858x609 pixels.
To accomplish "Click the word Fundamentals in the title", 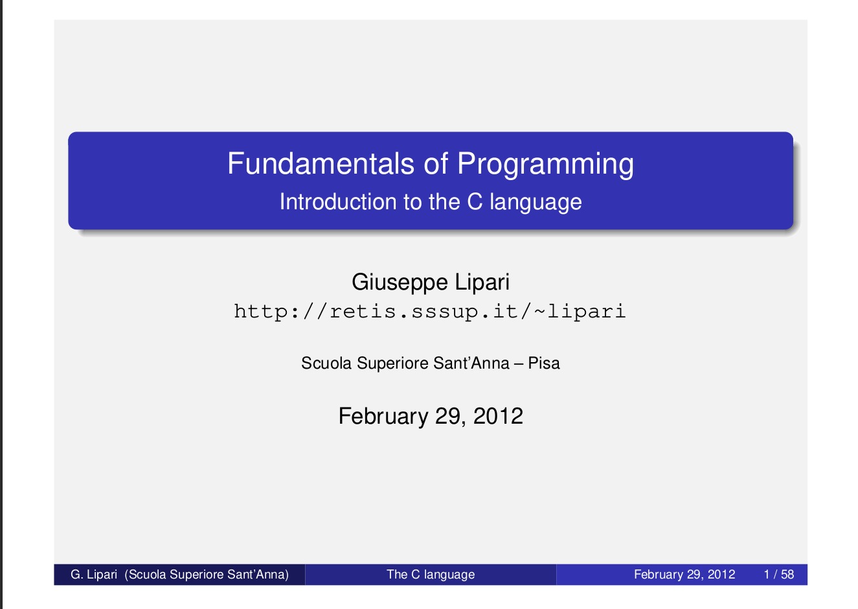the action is tap(321, 163).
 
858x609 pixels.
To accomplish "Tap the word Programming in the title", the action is tap(545, 165).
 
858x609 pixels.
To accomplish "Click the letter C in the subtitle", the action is tap(475, 201).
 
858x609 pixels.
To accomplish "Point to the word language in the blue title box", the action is tap(536, 202).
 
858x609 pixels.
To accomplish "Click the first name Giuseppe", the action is tap(400, 283).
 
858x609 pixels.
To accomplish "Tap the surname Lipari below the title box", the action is tap(482, 283).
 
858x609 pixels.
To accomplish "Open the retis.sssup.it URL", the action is tap(430, 311).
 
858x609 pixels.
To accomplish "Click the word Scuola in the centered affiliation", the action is tap(326, 363).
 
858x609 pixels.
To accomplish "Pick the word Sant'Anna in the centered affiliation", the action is tap(471, 363).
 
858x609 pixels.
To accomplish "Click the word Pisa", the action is tap(544, 363).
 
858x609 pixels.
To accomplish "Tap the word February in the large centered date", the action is tap(383, 417).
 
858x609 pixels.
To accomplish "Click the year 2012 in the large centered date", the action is tap(498, 416).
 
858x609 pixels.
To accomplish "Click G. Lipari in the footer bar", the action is tap(94, 575).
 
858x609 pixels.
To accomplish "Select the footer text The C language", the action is tap(431, 575).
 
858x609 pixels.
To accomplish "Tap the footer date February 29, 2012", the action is tap(684, 575).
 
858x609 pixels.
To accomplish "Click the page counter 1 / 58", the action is tap(779, 575).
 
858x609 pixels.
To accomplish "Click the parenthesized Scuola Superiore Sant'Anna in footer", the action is tap(207, 575).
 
